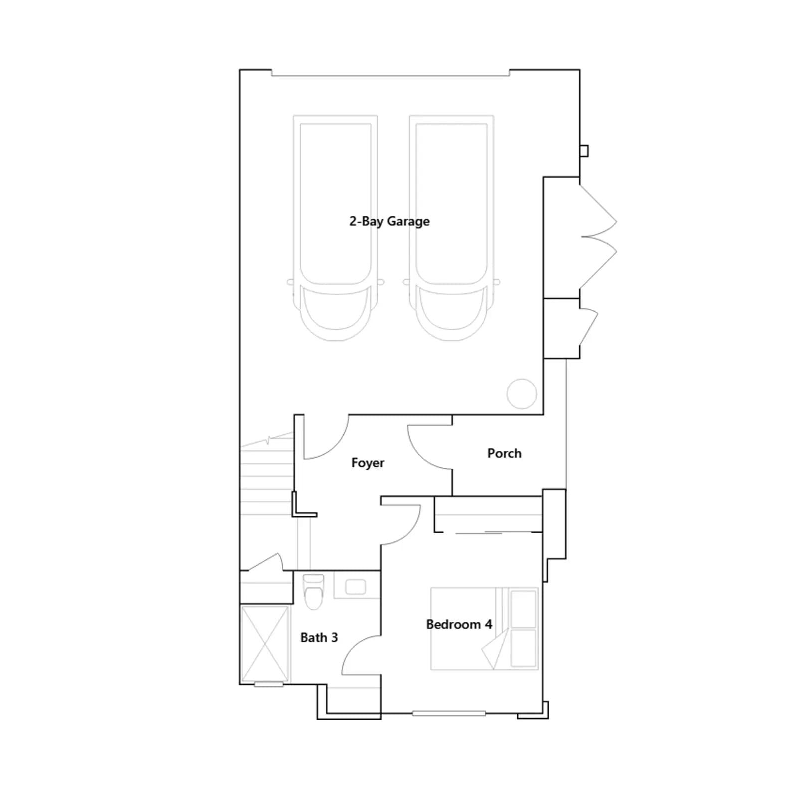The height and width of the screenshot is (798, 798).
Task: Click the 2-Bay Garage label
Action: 389,221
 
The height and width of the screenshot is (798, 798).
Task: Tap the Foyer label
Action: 368,463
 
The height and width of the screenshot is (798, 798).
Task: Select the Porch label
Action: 504,453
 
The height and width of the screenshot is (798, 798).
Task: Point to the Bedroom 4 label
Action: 459,624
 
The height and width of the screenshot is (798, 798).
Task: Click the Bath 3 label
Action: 319,637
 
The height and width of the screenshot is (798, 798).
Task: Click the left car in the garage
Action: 335,228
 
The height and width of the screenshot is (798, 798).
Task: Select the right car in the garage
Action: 451,228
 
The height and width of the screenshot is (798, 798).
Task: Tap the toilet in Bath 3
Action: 313,592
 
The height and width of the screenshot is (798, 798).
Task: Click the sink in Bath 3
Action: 356,587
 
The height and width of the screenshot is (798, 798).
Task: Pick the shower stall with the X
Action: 265,644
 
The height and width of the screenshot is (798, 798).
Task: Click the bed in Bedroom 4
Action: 484,628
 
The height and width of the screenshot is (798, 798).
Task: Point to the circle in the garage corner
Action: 522,394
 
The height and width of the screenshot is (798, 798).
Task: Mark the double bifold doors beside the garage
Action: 598,237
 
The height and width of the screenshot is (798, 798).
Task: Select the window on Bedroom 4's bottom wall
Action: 449,714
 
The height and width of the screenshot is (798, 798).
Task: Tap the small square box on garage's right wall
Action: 584,151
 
